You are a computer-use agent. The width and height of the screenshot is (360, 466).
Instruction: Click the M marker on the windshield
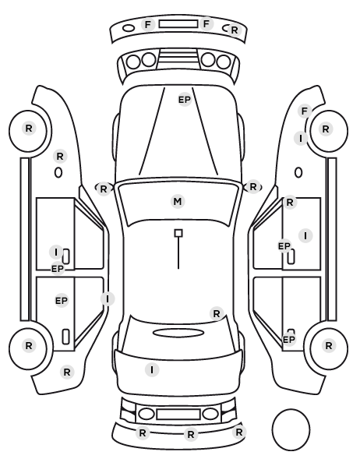point(178,202)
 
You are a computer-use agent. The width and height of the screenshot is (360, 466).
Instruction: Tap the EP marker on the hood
point(185,100)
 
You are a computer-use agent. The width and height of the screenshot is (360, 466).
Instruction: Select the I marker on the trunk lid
point(152,370)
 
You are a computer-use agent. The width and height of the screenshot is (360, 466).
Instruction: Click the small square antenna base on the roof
point(178,233)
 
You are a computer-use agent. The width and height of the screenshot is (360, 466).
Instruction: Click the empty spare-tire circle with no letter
point(291,429)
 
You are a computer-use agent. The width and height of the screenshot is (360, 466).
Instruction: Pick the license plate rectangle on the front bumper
point(178,24)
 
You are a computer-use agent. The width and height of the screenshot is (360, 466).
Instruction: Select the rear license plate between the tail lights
point(178,414)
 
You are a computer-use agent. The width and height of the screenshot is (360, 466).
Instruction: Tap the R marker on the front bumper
point(235,30)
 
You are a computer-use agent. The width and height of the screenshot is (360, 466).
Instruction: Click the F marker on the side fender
point(304,111)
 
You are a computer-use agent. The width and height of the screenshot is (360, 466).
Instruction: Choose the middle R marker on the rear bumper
point(191,435)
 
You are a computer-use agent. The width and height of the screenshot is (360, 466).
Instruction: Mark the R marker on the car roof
point(217,313)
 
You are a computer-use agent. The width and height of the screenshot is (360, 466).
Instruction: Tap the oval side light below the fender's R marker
point(58,173)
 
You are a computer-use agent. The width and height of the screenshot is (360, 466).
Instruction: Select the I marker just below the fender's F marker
point(301,139)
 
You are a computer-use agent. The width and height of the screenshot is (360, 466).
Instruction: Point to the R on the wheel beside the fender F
point(326,129)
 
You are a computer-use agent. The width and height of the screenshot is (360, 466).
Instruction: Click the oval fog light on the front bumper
point(129,28)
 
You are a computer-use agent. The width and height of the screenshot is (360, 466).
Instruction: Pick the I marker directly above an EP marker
point(56,252)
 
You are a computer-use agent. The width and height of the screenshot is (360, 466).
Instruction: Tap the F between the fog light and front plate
point(148,24)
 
